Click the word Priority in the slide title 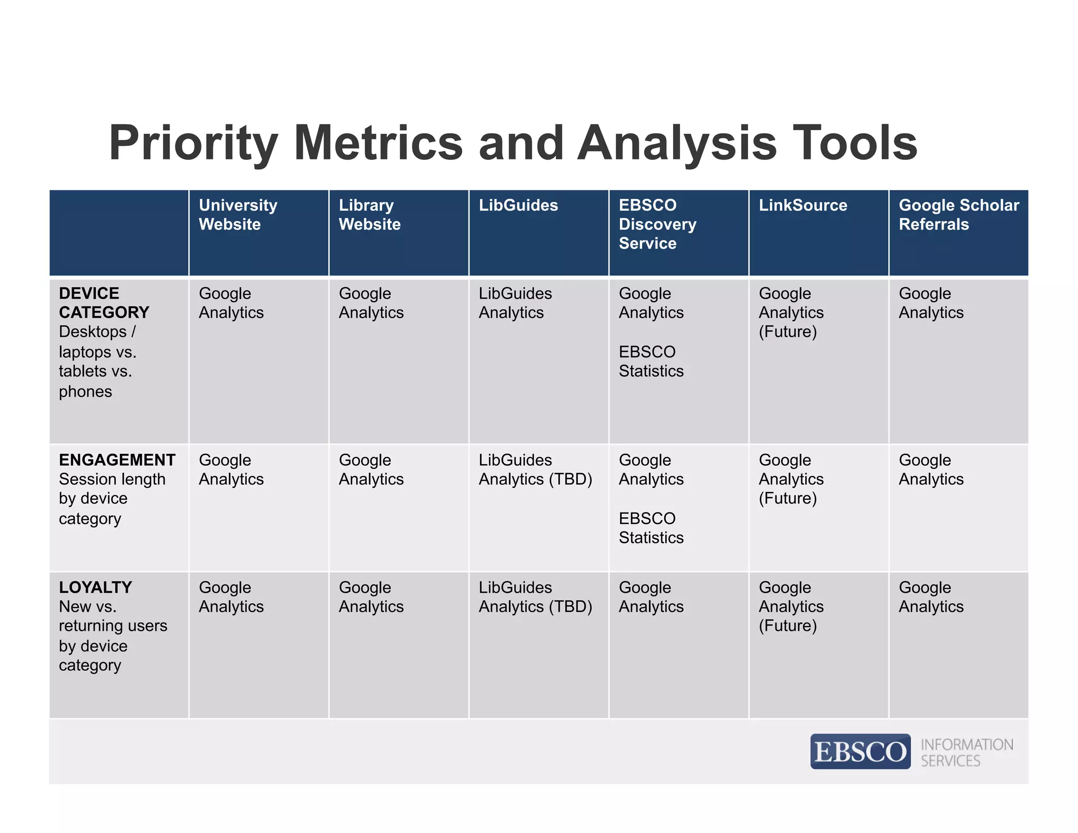coord(193,143)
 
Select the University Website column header coord(238,215)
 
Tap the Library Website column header coord(370,215)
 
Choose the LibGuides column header coord(518,205)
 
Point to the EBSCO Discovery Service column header coord(657,224)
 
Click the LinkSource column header coord(803,205)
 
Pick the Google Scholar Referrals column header coord(958,215)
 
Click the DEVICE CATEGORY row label coord(104,303)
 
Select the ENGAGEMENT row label coord(117,460)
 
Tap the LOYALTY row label coord(95,588)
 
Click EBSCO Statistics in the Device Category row coord(651,362)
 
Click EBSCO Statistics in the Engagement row coord(651,528)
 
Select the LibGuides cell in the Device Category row coord(515,303)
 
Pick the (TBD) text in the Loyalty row coord(571,607)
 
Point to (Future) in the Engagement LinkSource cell coord(787,499)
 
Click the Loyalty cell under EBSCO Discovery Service coord(651,597)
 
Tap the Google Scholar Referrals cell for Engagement coord(931,470)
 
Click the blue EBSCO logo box coord(860,751)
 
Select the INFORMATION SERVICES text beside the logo coord(966,752)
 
